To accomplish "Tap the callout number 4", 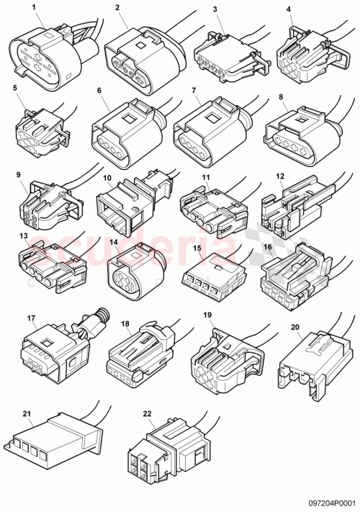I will (289, 10).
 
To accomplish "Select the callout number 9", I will (29, 175).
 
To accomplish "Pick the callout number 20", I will (294, 326).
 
